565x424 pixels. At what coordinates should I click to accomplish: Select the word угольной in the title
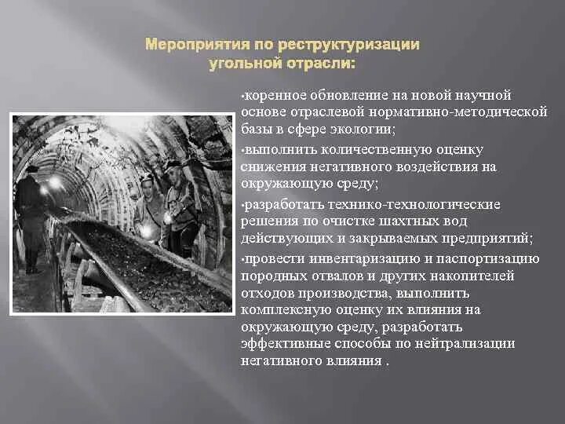click(244, 62)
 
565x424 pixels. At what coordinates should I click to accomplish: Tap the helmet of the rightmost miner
click(173, 166)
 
